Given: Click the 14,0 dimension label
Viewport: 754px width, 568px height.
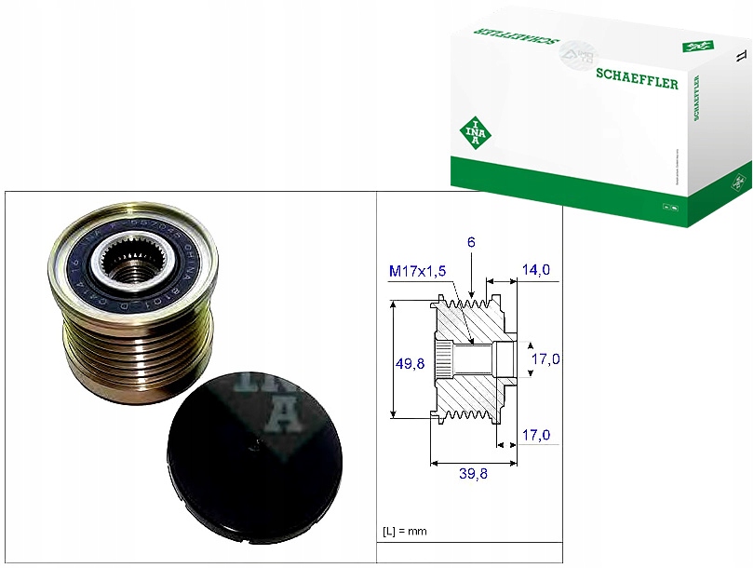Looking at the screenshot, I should click(x=535, y=270).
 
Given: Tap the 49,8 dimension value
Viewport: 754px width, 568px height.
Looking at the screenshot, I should click(x=409, y=364).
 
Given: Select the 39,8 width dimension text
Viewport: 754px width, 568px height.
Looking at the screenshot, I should click(x=474, y=474).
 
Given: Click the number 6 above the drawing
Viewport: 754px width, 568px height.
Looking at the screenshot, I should click(x=472, y=241).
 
